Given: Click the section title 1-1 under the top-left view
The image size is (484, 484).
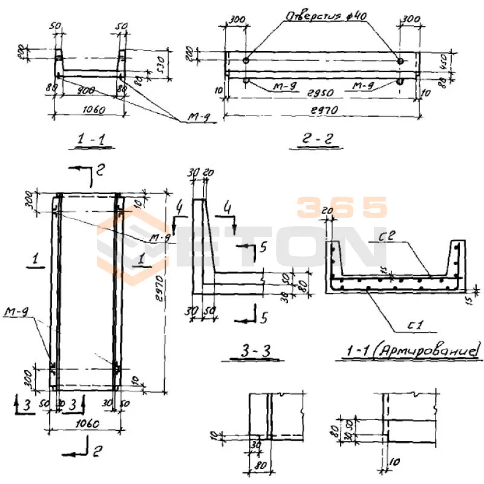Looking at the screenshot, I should (92, 140).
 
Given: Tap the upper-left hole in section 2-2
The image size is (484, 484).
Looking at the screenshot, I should (246, 61).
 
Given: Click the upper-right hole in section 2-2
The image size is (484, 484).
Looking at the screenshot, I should (400, 61).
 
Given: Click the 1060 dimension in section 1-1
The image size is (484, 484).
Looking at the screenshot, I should (91, 110).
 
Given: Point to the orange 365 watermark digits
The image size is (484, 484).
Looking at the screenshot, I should (342, 207).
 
